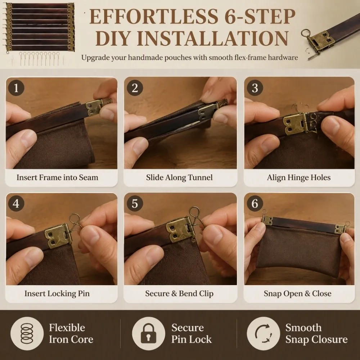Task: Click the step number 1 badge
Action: (16, 88)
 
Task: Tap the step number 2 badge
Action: (135, 88)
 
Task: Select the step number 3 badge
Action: (255, 88)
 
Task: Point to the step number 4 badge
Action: (16, 203)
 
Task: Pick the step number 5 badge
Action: (135, 203)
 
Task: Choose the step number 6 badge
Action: (255, 203)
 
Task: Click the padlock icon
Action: (148, 333)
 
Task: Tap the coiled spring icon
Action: (27, 333)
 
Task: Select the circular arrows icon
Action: (264, 333)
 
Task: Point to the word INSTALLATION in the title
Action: (192, 38)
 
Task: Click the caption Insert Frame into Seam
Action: (57, 177)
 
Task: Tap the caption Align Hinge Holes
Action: (299, 177)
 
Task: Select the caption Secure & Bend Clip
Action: (179, 293)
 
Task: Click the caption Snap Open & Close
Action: (298, 293)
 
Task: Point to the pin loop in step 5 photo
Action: (194, 212)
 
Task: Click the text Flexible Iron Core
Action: (71, 333)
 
